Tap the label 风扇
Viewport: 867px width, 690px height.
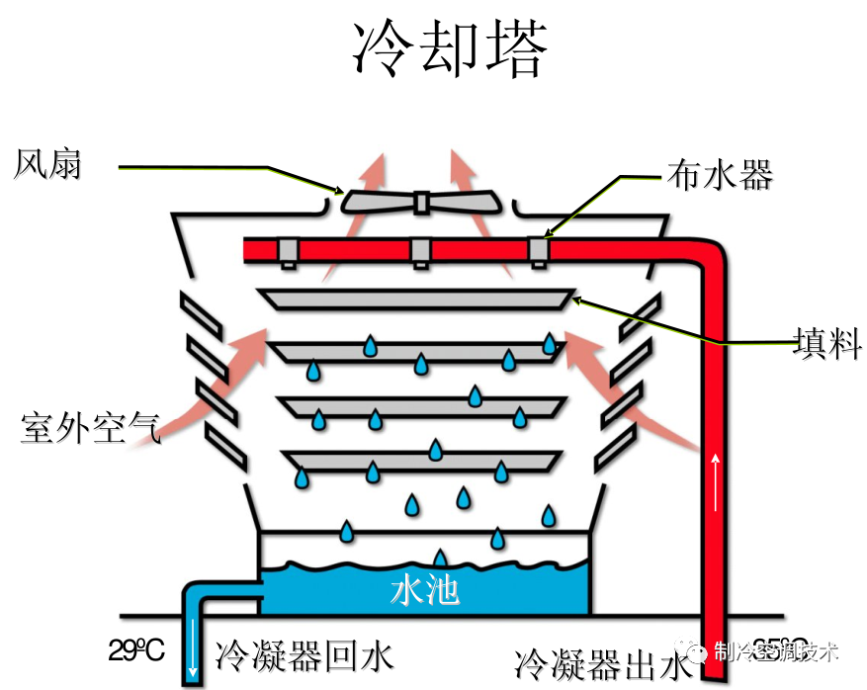tap(47, 164)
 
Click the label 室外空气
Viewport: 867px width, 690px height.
tap(88, 428)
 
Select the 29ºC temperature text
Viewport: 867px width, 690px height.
tap(136, 651)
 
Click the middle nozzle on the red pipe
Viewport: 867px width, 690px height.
tap(420, 252)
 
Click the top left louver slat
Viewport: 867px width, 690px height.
tap(203, 312)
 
